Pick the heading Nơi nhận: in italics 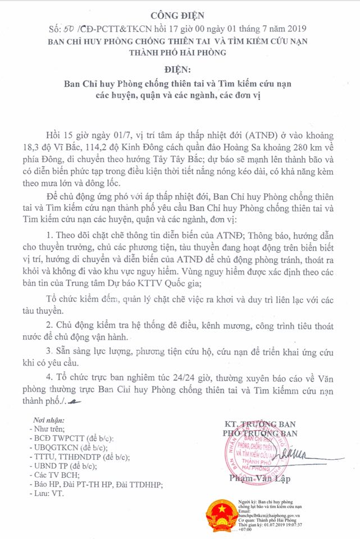(x=49, y=419)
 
